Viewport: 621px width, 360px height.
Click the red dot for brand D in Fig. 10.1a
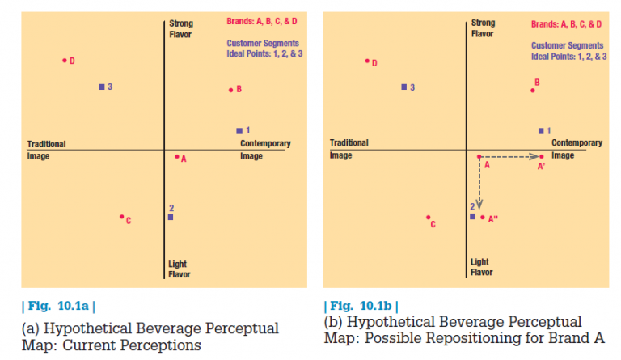click(x=65, y=60)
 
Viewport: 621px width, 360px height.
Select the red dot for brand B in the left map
click(x=230, y=89)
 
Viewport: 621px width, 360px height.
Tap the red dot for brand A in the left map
click(x=177, y=157)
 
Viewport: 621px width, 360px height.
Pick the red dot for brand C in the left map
click(x=121, y=217)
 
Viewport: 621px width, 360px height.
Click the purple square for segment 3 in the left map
click(x=101, y=86)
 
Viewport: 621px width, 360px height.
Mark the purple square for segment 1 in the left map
click(x=239, y=130)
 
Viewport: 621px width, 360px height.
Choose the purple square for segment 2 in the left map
click(x=170, y=217)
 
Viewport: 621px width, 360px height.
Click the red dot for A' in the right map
click(x=542, y=156)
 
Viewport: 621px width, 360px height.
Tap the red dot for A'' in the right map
click(x=483, y=217)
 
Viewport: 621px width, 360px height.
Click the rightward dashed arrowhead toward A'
click(x=534, y=156)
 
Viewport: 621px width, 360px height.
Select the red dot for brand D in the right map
click(x=367, y=60)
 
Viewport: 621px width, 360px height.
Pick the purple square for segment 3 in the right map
click(x=403, y=86)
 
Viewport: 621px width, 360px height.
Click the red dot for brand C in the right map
click(x=429, y=217)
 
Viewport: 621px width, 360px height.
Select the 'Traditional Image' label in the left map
click(x=46, y=150)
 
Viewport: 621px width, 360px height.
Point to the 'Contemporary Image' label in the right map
click(x=577, y=149)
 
